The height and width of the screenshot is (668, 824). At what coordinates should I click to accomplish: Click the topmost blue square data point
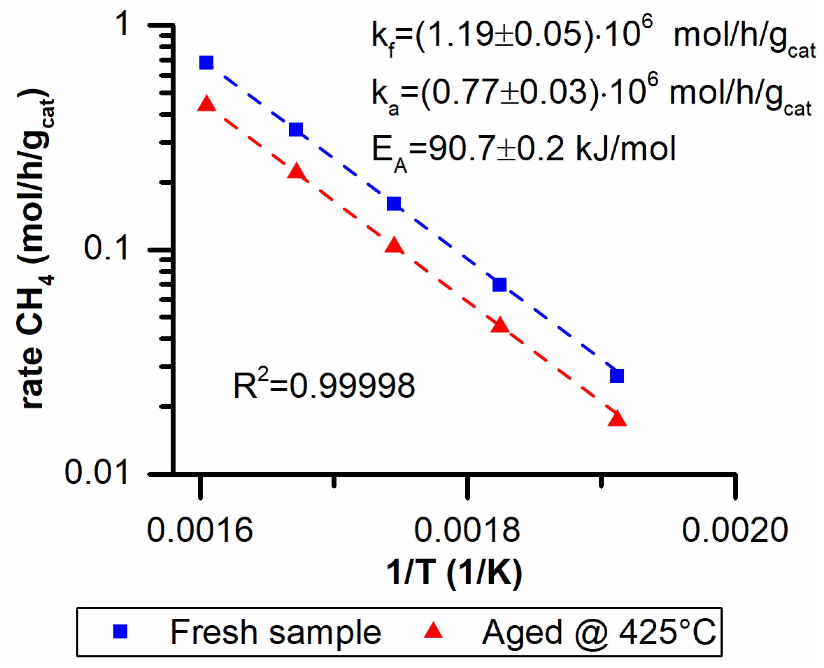point(207,62)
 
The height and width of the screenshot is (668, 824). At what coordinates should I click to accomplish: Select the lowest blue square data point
point(617,376)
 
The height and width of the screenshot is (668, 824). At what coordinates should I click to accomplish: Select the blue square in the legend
point(120,631)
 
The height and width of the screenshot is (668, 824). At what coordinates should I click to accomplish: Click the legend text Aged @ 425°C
point(599,632)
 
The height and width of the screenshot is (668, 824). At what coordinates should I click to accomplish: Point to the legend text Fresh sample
point(275,632)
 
